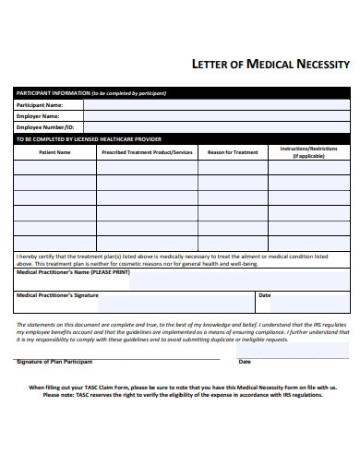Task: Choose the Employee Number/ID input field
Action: click(x=216, y=127)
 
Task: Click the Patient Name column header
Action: click(x=54, y=151)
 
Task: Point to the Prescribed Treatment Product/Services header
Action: click(x=147, y=151)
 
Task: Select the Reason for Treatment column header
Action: click(x=233, y=151)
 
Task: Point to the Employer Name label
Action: click(x=39, y=116)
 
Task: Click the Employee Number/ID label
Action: click(x=47, y=127)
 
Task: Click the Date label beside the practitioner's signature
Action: click(x=265, y=295)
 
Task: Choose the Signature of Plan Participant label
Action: click(x=54, y=362)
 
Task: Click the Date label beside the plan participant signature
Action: click(x=246, y=362)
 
